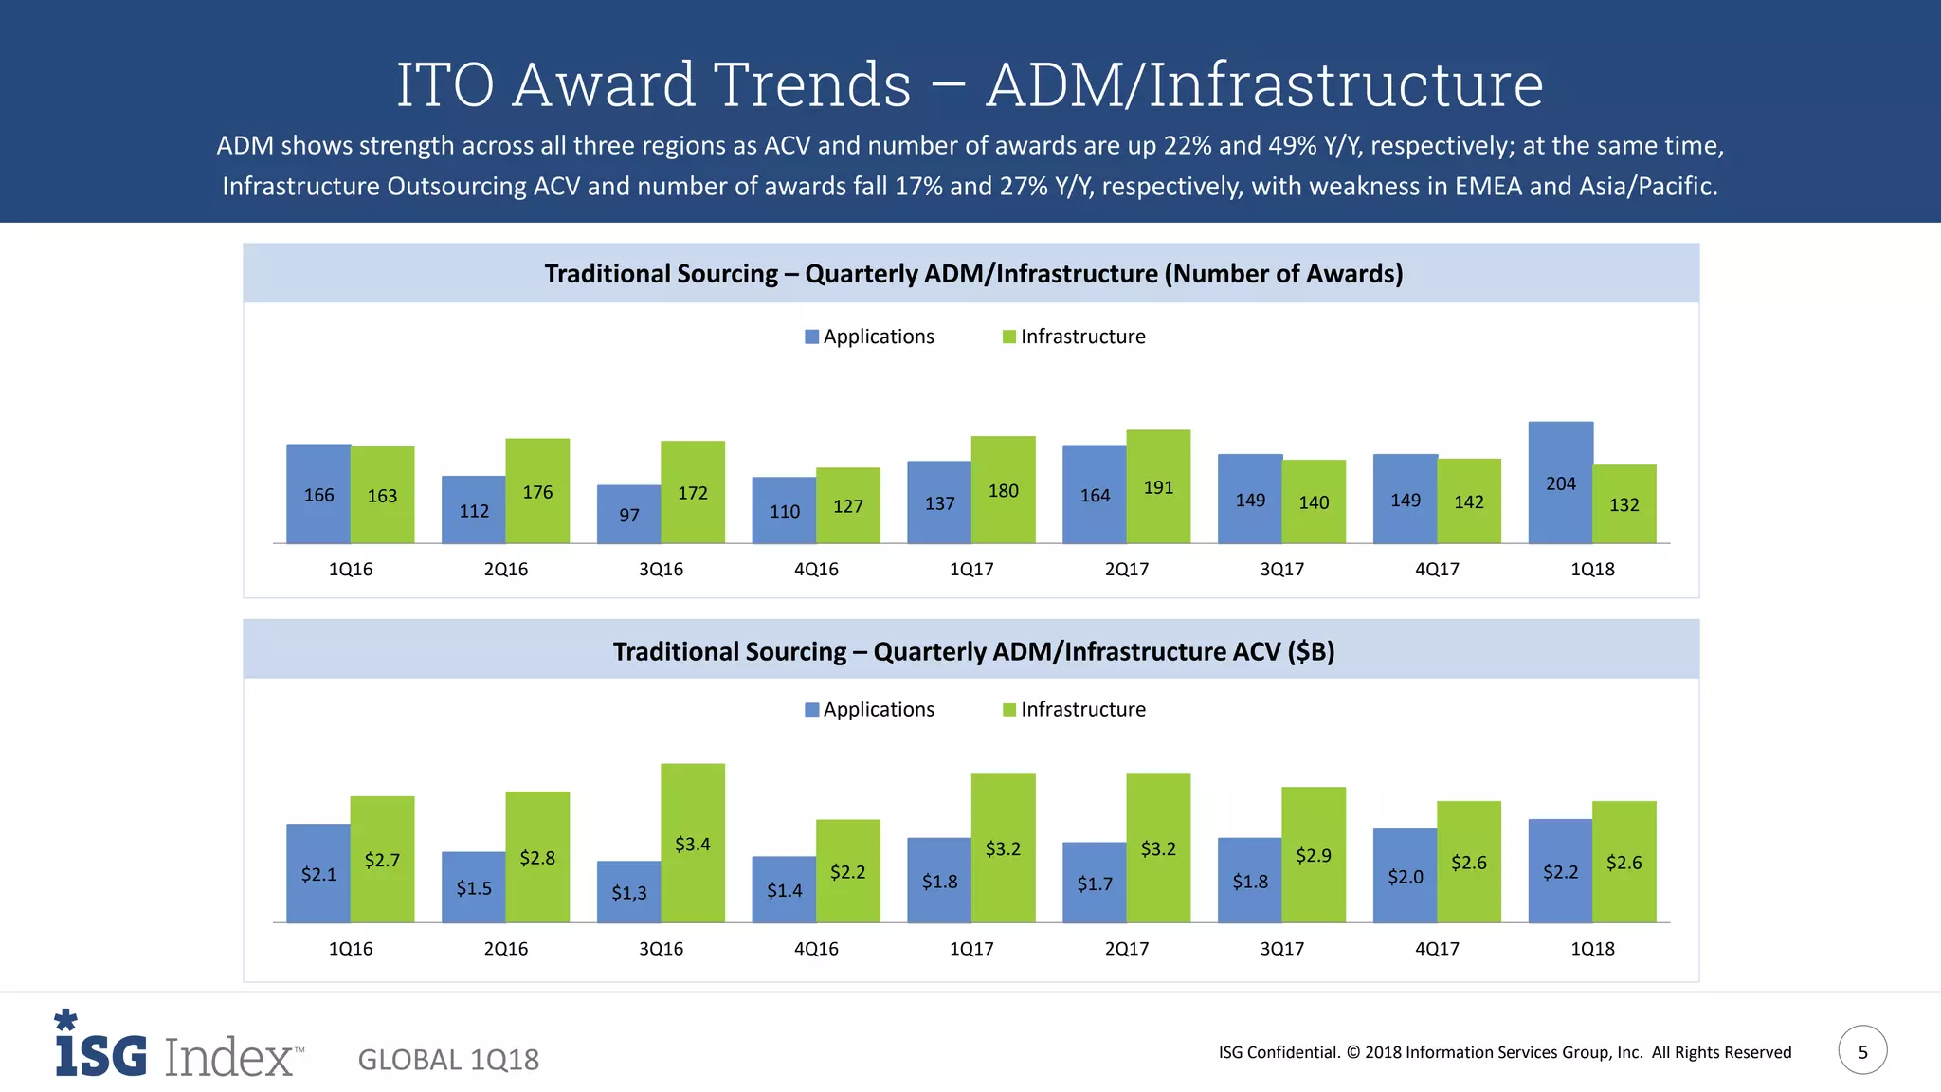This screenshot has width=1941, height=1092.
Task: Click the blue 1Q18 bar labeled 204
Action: click(x=1560, y=482)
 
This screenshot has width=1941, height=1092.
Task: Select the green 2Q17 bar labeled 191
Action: click(x=1158, y=487)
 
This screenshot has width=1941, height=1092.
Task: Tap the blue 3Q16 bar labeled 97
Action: click(x=628, y=514)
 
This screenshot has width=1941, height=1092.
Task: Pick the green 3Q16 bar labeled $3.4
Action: click(x=693, y=843)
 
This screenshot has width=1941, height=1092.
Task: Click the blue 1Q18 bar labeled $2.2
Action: click(x=1560, y=871)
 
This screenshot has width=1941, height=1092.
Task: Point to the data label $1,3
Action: click(x=628, y=892)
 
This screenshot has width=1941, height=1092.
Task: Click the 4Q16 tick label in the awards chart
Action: click(x=816, y=569)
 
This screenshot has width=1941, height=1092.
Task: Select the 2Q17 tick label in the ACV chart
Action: click(x=1126, y=948)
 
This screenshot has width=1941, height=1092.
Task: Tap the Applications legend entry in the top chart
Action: click(x=869, y=337)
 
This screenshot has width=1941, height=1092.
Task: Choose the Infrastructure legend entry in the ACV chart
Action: click(x=1074, y=710)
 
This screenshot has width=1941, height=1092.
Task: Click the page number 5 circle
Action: click(x=1862, y=1050)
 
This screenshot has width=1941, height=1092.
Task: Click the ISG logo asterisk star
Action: click(x=65, y=1020)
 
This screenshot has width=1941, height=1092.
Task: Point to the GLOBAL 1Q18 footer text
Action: click(x=448, y=1059)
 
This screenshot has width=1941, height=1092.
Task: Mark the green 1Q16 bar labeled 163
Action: click(x=382, y=495)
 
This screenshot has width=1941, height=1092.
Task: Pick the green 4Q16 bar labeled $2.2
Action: click(x=847, y=870)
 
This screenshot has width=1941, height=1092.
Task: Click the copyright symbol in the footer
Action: click(x=1352, y=1052)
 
